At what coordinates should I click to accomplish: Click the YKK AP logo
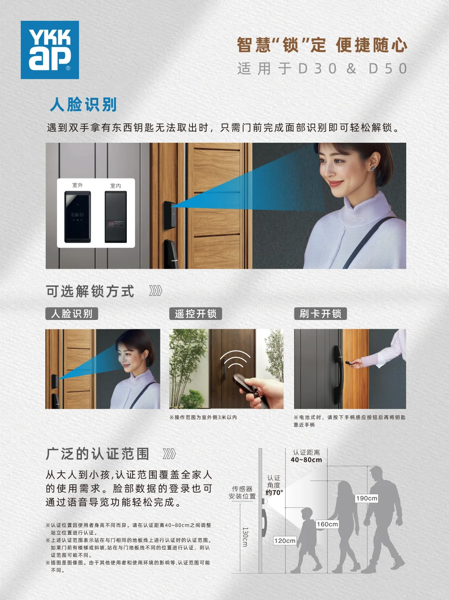click(50, 50)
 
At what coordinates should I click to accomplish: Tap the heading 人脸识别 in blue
click(83, 104)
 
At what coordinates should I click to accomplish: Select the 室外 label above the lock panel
click(78, 185)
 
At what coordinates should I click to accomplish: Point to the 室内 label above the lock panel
click(116, 186)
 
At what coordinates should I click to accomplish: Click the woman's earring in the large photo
click(372, 168)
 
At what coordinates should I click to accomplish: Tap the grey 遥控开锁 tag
click(195, 314)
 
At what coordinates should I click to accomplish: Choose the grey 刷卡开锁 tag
click(320, 314)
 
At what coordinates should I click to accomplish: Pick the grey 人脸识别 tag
click(72, 314)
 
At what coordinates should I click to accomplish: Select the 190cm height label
click(367, 498)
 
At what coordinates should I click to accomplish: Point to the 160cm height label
click(327, 524)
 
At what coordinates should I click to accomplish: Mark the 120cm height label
click(285, 541)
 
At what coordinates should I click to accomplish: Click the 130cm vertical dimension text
click(245, 537)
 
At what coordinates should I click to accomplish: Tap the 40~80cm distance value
click(306, 460)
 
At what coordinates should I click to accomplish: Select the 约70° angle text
click(274, 493)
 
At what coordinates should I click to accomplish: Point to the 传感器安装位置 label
click(242, 492)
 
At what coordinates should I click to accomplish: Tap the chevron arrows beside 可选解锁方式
click(155, 291)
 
